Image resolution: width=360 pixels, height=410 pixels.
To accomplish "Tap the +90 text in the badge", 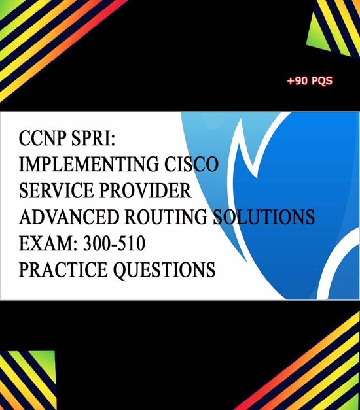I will pyautogui.click(x=298, y=82).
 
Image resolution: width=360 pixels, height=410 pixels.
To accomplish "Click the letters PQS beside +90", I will pyautogui.click(x=323, y=82).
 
